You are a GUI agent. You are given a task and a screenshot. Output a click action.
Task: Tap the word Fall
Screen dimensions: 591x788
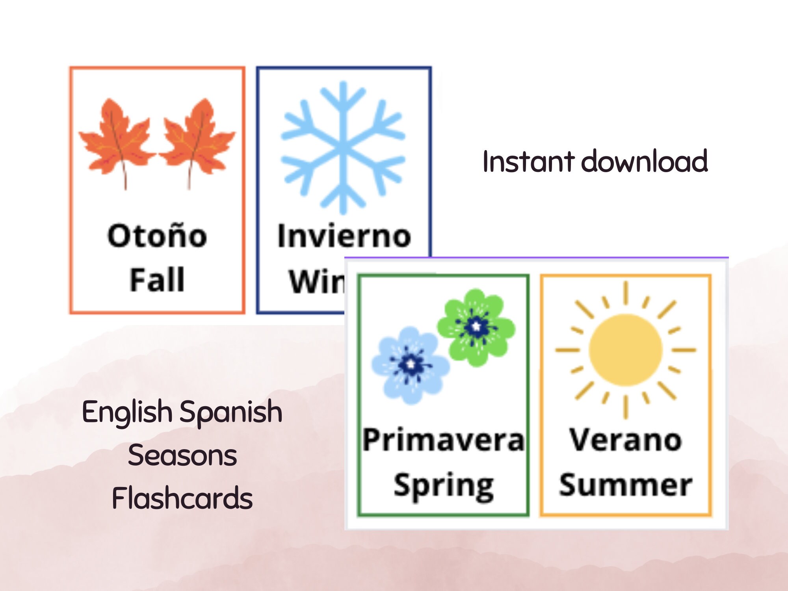(x=157, y=280)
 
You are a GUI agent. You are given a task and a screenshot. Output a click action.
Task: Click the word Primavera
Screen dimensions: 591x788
(x=443, y=440)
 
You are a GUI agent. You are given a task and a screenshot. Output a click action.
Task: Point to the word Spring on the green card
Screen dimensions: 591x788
(x=443, y=486)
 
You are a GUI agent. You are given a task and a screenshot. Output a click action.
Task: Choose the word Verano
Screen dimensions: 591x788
(x=625, y=440)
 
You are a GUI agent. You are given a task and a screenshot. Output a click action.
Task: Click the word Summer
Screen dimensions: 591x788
(x=625, y=485)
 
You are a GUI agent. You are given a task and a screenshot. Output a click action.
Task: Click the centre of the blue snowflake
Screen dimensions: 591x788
(x=343, y=148)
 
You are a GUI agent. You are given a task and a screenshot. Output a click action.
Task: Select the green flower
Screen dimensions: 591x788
(x=476, y=327)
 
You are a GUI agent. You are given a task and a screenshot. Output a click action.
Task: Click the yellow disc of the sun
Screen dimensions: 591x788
(x=625, y=349)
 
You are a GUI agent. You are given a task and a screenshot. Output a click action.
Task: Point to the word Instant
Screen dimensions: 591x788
(x=528, y=162)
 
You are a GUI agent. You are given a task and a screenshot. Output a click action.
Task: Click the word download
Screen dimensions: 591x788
(x=645, y=162)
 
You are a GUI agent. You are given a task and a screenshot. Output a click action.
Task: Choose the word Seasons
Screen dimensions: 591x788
(x=182, y=455)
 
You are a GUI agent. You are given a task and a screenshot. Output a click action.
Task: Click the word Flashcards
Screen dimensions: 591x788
(x=182, y=498)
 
